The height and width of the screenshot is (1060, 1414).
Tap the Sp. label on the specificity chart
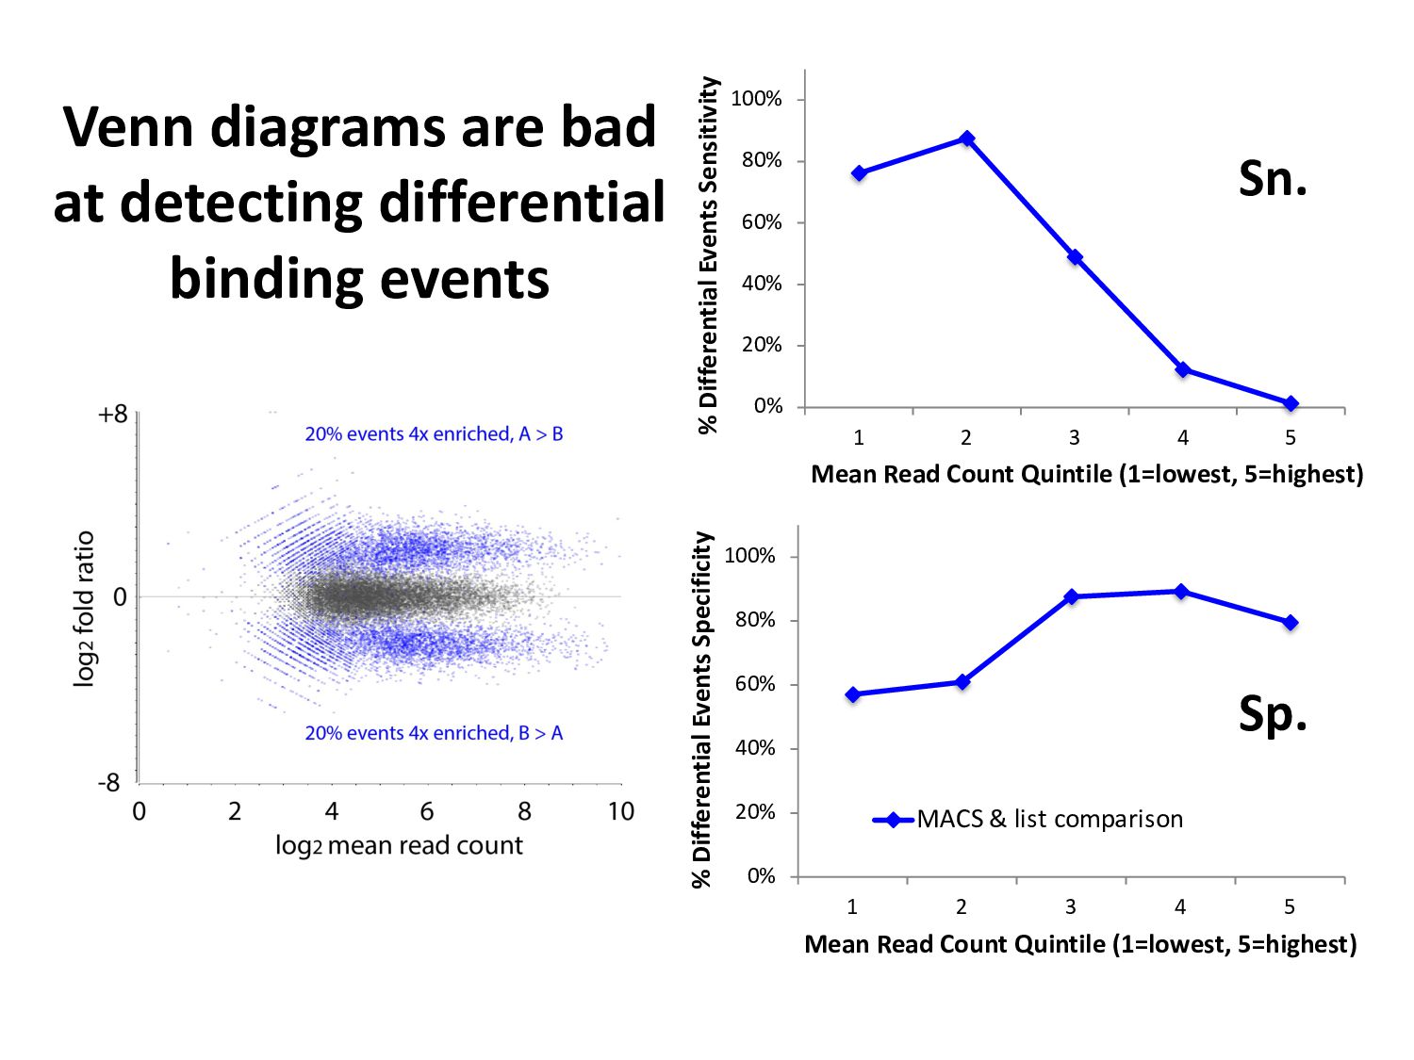point(1273,713)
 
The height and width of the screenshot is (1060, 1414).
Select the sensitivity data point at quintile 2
point(966,139)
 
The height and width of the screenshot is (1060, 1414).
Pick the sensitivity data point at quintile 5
point(1291,403)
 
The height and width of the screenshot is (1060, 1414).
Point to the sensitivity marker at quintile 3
point(1075,257)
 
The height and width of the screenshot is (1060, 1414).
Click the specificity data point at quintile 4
point(1181,592)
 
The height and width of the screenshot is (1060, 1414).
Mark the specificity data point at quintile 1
point(853,694)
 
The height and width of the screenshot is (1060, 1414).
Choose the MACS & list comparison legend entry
point(1028,819)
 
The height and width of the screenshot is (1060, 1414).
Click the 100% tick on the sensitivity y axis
point(756,99)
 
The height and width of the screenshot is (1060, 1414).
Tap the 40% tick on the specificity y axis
point(754,748)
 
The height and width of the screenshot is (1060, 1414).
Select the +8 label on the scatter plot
point(112,415)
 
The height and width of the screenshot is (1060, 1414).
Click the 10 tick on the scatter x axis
point(620,811)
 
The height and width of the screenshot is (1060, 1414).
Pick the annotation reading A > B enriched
point(434,434)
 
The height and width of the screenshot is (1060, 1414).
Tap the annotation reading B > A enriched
point(434,733)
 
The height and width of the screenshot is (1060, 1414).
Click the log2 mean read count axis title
point(399,845)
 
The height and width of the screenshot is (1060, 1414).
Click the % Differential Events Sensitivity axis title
point(709,254)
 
